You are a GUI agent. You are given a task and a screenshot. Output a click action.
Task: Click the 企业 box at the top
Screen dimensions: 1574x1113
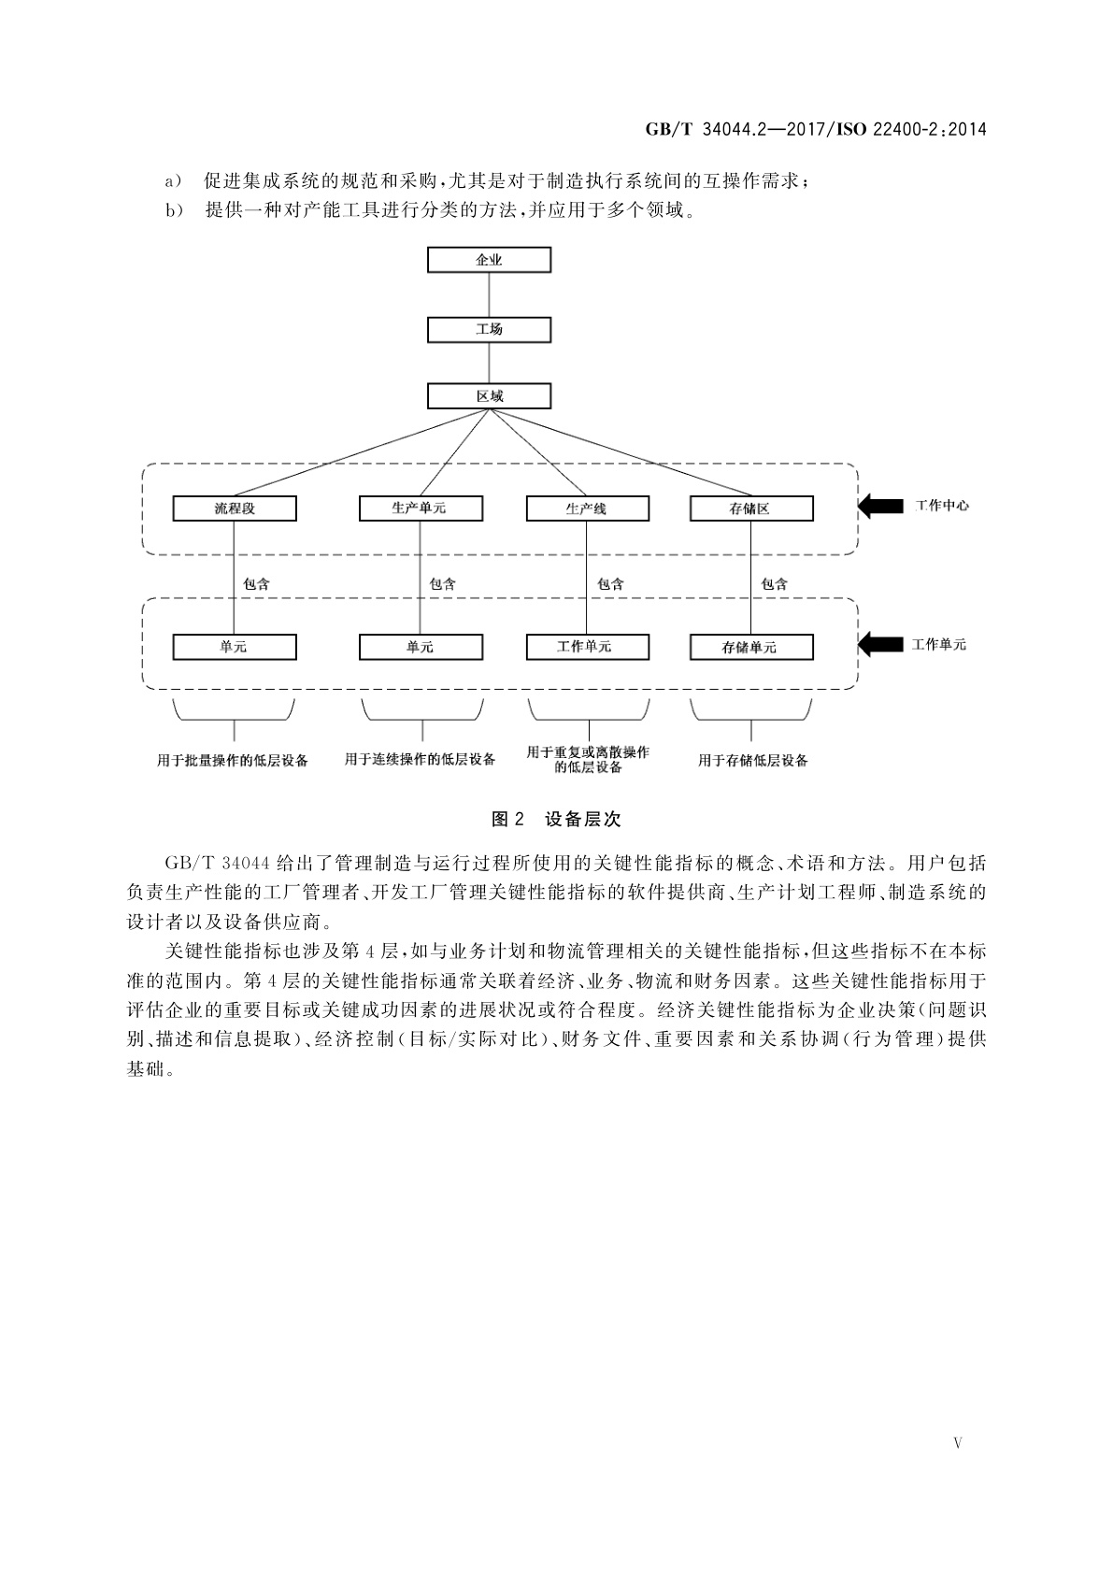point(489,260)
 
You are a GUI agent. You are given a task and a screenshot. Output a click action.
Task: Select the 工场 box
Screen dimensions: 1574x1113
point(489,329)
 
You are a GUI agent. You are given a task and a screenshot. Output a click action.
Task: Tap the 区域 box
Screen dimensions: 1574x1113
point(489,396)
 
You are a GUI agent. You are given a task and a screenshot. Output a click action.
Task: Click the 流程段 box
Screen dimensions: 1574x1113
point(235,508)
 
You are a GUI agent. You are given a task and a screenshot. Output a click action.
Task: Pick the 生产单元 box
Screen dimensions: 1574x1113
point(421,508)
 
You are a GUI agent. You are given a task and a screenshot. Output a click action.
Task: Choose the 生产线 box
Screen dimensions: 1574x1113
point(587,508)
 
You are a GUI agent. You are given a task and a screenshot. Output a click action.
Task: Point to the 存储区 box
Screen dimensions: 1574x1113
point(750,508)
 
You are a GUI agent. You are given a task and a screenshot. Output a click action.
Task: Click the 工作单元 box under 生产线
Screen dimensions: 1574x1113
point(587,647)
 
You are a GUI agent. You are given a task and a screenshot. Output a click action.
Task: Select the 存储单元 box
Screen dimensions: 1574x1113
point(750,647)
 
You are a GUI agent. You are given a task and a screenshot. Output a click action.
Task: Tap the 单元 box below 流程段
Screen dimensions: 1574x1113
point(235,647)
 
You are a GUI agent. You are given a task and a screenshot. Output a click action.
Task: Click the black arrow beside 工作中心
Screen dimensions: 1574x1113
point(877,507)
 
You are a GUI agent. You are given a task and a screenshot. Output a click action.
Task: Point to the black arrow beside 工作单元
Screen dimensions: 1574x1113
point(877,644)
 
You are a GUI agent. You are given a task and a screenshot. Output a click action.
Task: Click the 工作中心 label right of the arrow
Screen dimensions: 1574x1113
point(940,506)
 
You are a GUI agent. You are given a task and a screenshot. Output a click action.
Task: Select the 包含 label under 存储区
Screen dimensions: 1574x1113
point(775,584)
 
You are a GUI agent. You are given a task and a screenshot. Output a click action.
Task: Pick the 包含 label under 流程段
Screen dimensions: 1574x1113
point(257,584)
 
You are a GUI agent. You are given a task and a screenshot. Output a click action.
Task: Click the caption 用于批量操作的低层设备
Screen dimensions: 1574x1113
point(233,760)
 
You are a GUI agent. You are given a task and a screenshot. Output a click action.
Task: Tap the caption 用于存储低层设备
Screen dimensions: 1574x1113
point(752,760)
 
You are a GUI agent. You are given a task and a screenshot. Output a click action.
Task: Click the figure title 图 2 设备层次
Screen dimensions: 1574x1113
point(555,820)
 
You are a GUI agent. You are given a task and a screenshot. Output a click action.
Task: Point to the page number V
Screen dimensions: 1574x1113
point(957,1442)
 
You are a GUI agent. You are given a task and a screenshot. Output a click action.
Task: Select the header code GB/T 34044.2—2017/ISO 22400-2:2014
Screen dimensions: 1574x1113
point(816,130)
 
